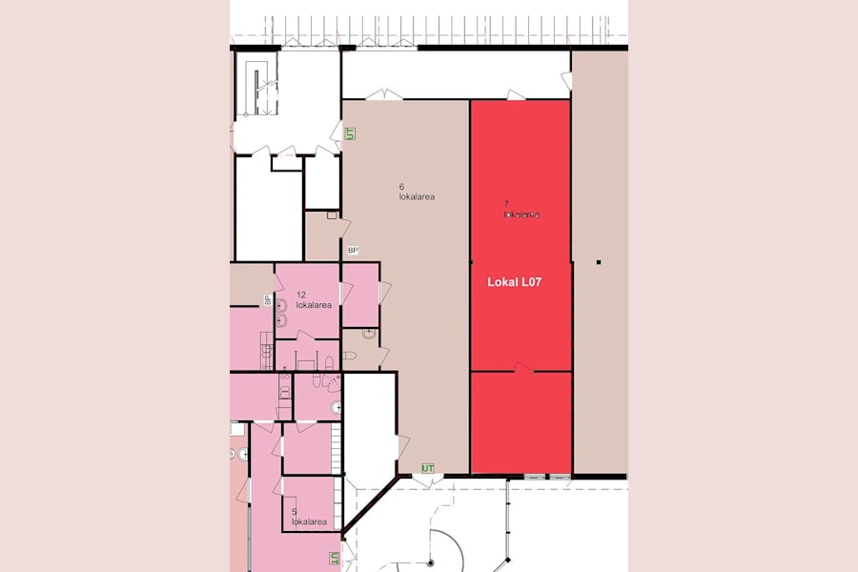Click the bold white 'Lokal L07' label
coord(515,282)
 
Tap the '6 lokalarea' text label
coord(417,192)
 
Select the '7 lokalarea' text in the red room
coord(521,210)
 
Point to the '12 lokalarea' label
coord(313,300)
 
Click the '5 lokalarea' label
coord(309,517)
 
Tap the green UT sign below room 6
coord(429,468)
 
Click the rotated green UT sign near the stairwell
coord(350,133)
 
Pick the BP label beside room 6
coord(353,251)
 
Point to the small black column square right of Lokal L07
coord(599,261)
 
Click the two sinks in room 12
coord(282,313)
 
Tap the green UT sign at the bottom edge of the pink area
coord(335,558)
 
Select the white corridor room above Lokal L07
coord(456,74)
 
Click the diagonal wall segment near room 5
coord(370,516)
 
